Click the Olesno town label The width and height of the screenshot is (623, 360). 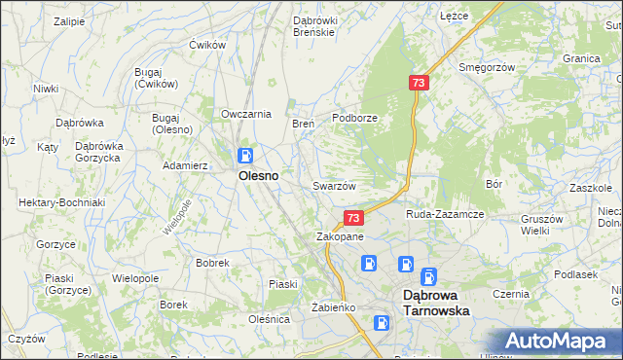258,176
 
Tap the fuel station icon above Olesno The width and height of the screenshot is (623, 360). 246,155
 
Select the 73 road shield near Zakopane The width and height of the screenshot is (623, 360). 353,219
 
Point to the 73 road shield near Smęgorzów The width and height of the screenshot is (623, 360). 419,85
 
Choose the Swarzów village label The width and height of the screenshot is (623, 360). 334,186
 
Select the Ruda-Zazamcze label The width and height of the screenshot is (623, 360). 445,213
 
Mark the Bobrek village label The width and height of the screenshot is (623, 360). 212,263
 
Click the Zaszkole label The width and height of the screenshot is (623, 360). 590,187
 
